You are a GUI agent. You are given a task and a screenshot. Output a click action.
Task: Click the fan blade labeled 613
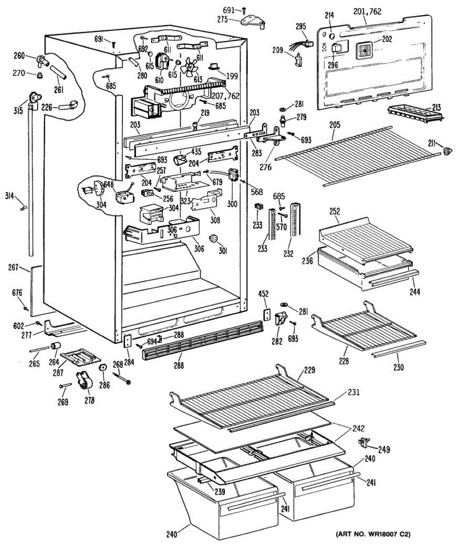(x=189, y=68)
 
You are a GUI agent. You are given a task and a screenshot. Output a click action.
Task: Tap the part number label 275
(x=223, y=20)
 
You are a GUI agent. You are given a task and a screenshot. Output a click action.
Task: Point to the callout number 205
(x=334, y=125)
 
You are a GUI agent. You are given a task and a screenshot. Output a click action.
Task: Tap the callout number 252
(x=334, y=212)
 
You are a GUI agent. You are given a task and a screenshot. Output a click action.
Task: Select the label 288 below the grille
(x=178, y=366)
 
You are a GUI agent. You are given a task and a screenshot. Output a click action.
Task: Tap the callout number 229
(x=309, y=369)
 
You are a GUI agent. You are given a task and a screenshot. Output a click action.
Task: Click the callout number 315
(x=18, y=110)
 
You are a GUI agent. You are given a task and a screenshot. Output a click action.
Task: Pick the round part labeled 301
(x=214, y=238)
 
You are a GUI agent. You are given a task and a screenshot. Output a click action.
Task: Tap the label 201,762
(x=367, y=11)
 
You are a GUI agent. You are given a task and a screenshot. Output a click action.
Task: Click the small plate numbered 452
(x=267, y=314)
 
